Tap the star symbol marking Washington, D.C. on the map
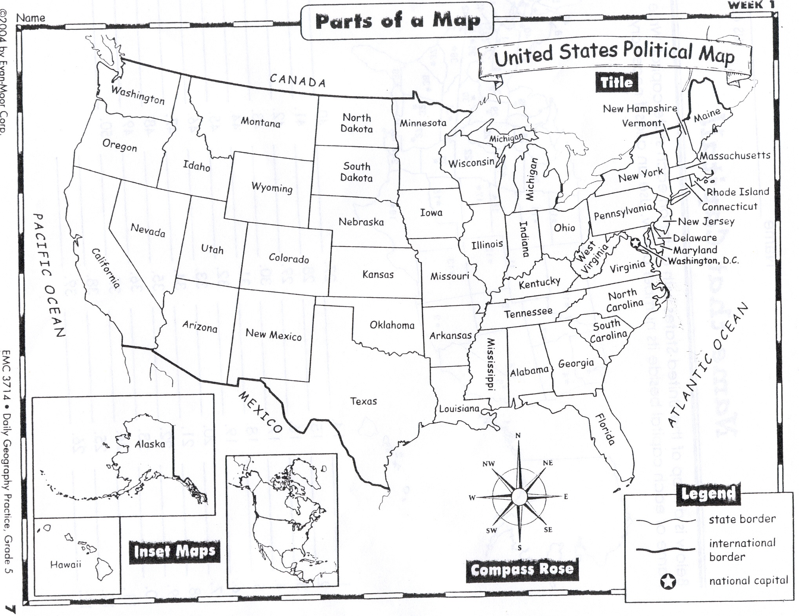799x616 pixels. tap(636, 243)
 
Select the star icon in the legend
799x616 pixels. tap(668, 582)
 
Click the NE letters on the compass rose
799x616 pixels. tap(548, 463)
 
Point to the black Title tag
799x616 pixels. tap(617, 82)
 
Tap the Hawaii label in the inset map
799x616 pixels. tap(66, 564)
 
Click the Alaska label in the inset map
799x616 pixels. tap(149, 444)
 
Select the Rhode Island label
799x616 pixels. tap(737, 192)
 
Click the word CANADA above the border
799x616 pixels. tap(298, 80)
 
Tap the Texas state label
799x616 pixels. tap(363, 401)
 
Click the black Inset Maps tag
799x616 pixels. tap(174, 551)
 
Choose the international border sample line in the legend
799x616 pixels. tap(665, 550)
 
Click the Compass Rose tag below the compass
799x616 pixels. tap(522, 569)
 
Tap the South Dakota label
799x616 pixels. tap(356, 172)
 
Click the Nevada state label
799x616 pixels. tap(148, 230)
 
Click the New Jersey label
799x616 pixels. tap(706, 221)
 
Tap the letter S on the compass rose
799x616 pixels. tap(519, 548)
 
